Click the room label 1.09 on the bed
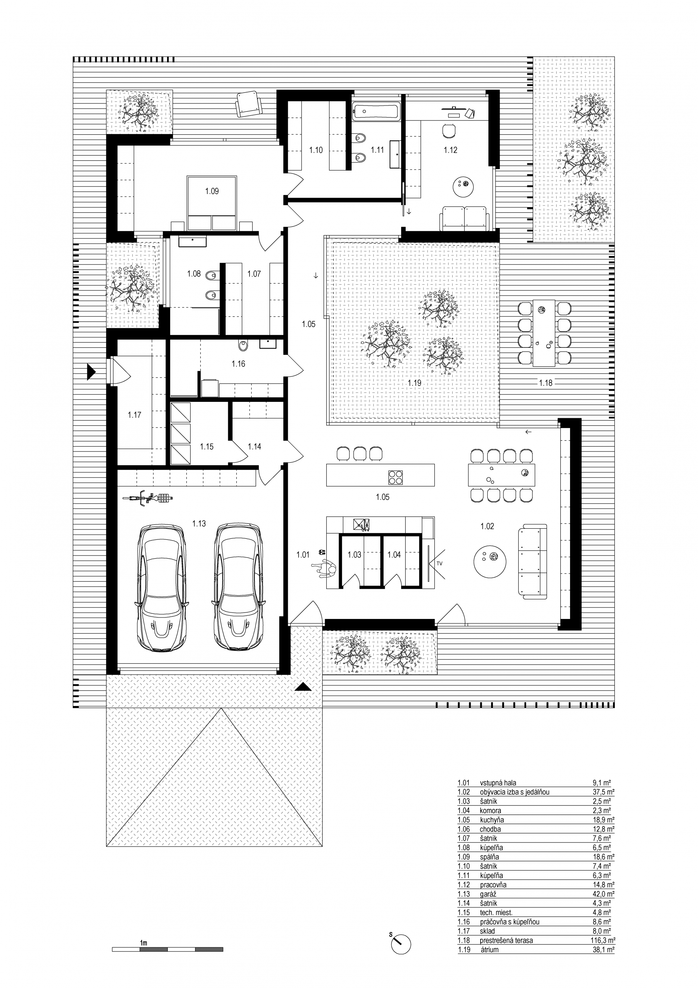(211, 191)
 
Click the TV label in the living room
(439, 563)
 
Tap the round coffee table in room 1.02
(490, 561)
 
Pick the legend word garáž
(488, 894)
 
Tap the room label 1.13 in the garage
(199, 524)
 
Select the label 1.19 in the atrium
(414, 382)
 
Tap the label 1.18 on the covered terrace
(545, 382)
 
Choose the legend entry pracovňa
(493, 885)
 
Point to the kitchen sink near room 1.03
(362, 524)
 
